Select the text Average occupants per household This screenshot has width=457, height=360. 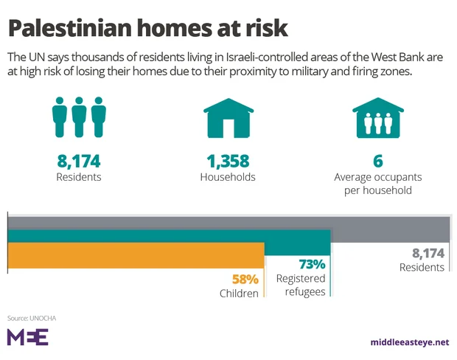[377, 184]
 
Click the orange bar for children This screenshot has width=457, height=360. [136, 255]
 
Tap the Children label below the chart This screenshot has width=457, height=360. [239, 294]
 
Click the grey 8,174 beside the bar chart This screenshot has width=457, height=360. [428, 253]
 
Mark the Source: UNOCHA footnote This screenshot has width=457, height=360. [32, 318]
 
